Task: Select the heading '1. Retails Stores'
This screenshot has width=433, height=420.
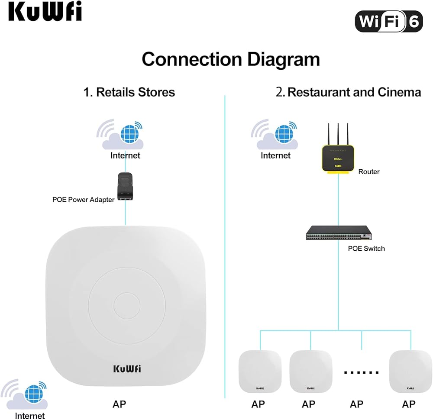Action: click(129, 92)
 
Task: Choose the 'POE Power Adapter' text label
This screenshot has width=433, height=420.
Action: click(84, 200)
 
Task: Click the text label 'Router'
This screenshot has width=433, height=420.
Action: click(369, 171)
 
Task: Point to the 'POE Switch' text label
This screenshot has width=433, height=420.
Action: click(366, 249)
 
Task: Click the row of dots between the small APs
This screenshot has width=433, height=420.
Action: click(361, 372)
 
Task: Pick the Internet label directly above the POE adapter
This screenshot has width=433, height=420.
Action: click(125, 155)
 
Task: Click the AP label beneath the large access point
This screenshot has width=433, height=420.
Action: click(120, 404)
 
